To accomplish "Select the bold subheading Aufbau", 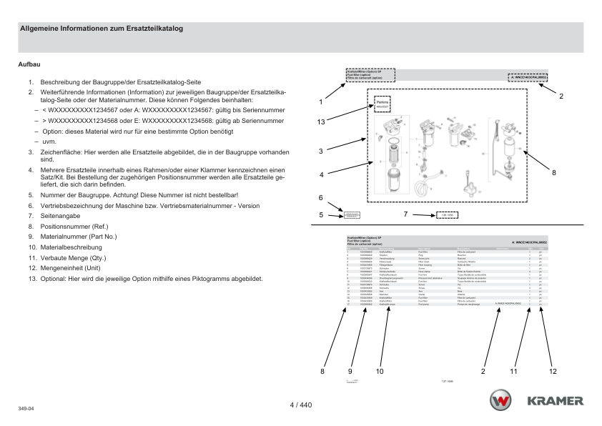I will [29, 65].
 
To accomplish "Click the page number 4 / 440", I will [300, 405].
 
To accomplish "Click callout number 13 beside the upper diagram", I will [322, 122].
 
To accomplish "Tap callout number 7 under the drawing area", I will [405, 214].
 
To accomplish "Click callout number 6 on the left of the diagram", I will [321, 197].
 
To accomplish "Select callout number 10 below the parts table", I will [380, 371].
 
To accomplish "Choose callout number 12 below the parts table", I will [553, 371].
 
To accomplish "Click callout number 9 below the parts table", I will [350, 371].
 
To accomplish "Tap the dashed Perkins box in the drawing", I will [383, 104].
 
